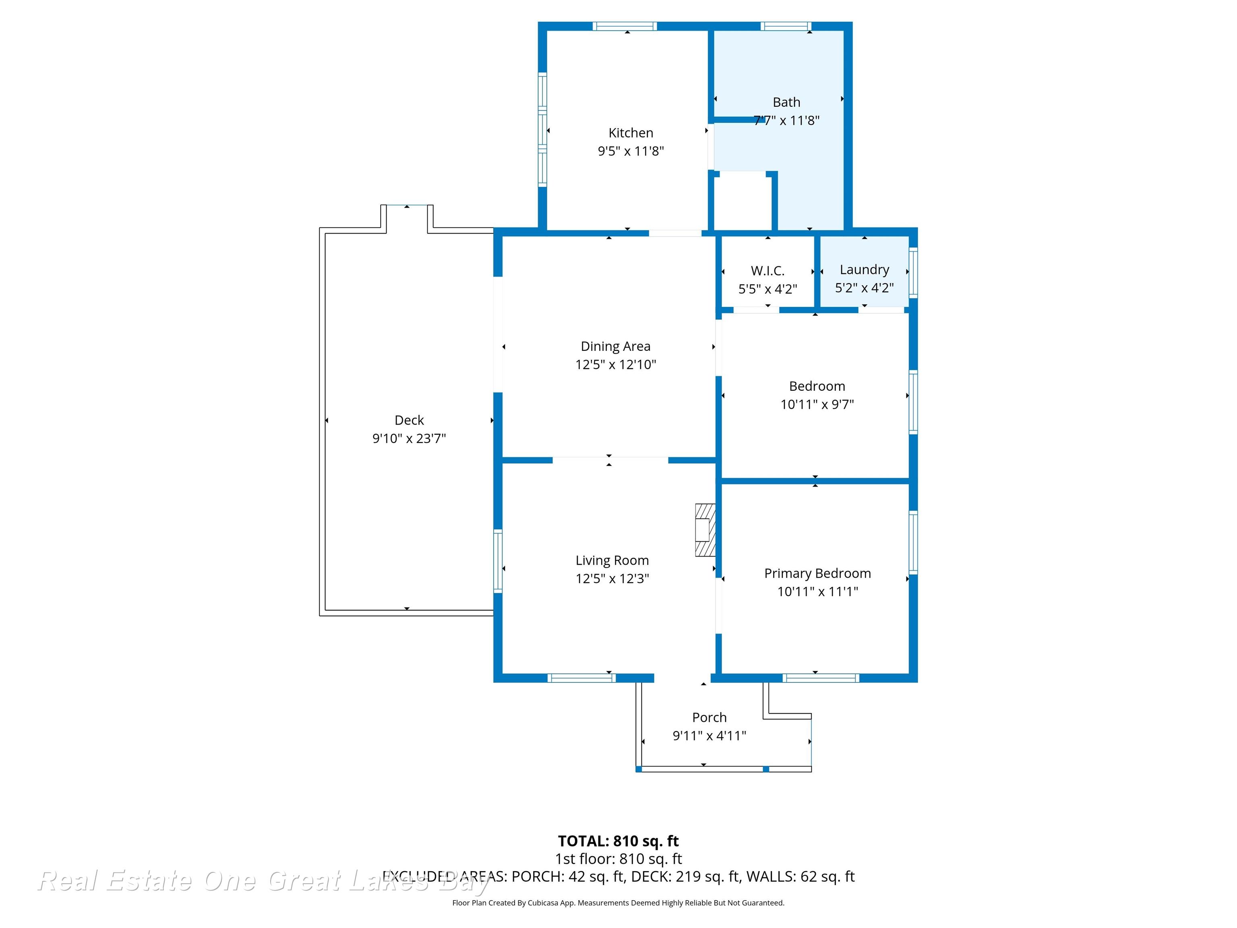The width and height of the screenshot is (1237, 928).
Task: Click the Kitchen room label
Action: pyautogui.click(x=631, y=133)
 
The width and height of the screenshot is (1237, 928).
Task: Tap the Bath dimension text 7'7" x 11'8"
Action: pyautogui.click(x=786, y=120)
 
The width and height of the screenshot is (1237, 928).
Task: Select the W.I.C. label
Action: pyautogui.click(x=768, y=271)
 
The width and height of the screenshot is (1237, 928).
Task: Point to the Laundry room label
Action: pyautogui.click(x=864, y=269)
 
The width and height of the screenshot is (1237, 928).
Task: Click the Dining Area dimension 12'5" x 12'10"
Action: pyautogui.click(x=616, y=365)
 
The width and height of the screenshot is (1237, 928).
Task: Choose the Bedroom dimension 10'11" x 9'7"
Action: pyautogui.click(x=817, y=404)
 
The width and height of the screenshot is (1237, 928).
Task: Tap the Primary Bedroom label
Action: pyautogui.click(x=817, y=574)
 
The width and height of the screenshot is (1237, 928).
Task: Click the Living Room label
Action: pyautogui.click(x=612, y=561)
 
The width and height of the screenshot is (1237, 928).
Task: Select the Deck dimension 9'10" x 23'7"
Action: pyautogui.click(x=410, y=439)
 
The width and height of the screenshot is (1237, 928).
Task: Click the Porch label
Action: pyautogui.click(x=709, y=718)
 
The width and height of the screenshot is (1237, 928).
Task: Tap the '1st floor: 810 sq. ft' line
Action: pyautogui.click(x=618, y=859)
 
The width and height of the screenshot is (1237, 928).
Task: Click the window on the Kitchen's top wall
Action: pyautogui.click(x=625, y=26)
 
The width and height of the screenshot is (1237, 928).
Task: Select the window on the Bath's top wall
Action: pyautogui.click(x=786, y=26)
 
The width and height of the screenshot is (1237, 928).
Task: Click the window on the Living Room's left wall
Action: pyautogui.click(x=498, y=561)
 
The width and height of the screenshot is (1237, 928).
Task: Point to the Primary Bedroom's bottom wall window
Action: pyautogui.click(x=821, y=678)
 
